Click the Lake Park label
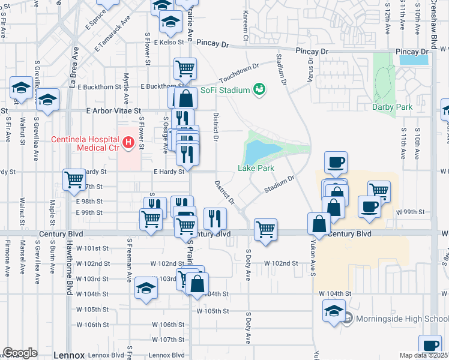[256, 168]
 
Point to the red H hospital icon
[127, 142]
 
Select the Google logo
[20, 353]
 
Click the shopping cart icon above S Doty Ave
[265, 229]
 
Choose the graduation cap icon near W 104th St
[146, 288]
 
